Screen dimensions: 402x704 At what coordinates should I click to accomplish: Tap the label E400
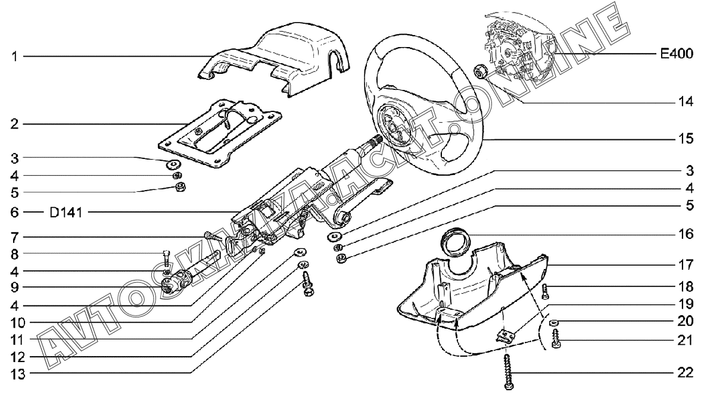676,55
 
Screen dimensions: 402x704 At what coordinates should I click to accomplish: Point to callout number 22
685,374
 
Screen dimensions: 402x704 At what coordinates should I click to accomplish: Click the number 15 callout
685,139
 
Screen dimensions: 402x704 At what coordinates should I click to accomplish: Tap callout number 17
685,263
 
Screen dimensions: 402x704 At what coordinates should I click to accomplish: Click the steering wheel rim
471,83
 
